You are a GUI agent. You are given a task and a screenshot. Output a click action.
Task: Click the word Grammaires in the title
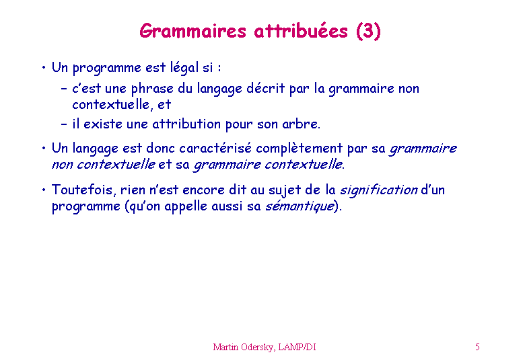(193, 32)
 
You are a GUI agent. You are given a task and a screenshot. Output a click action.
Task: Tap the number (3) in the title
(368, 32)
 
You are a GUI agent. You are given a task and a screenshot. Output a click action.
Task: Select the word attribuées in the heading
(301, 31)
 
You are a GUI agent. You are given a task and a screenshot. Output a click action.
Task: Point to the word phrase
(152, 89)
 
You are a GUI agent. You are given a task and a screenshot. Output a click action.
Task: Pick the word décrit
(265, 88)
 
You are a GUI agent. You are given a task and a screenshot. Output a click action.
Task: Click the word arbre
(301, 124)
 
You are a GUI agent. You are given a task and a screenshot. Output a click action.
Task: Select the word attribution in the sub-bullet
(186, 124)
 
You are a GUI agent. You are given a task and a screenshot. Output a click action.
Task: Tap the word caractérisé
(215, 148)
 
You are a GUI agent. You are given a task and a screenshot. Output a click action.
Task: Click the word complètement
(300, 149)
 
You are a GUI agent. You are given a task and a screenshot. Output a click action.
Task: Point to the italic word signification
(379, 190)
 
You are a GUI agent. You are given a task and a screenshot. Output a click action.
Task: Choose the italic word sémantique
(300, 206)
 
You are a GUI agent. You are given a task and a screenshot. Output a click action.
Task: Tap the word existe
(103, 124)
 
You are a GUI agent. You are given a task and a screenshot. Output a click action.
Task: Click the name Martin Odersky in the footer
(244, 348)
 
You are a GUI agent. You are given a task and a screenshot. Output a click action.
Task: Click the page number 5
(477, 347)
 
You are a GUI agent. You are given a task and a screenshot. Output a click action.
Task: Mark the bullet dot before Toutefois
(44, 190)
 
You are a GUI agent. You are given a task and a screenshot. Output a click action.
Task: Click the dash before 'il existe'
(64, 124)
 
